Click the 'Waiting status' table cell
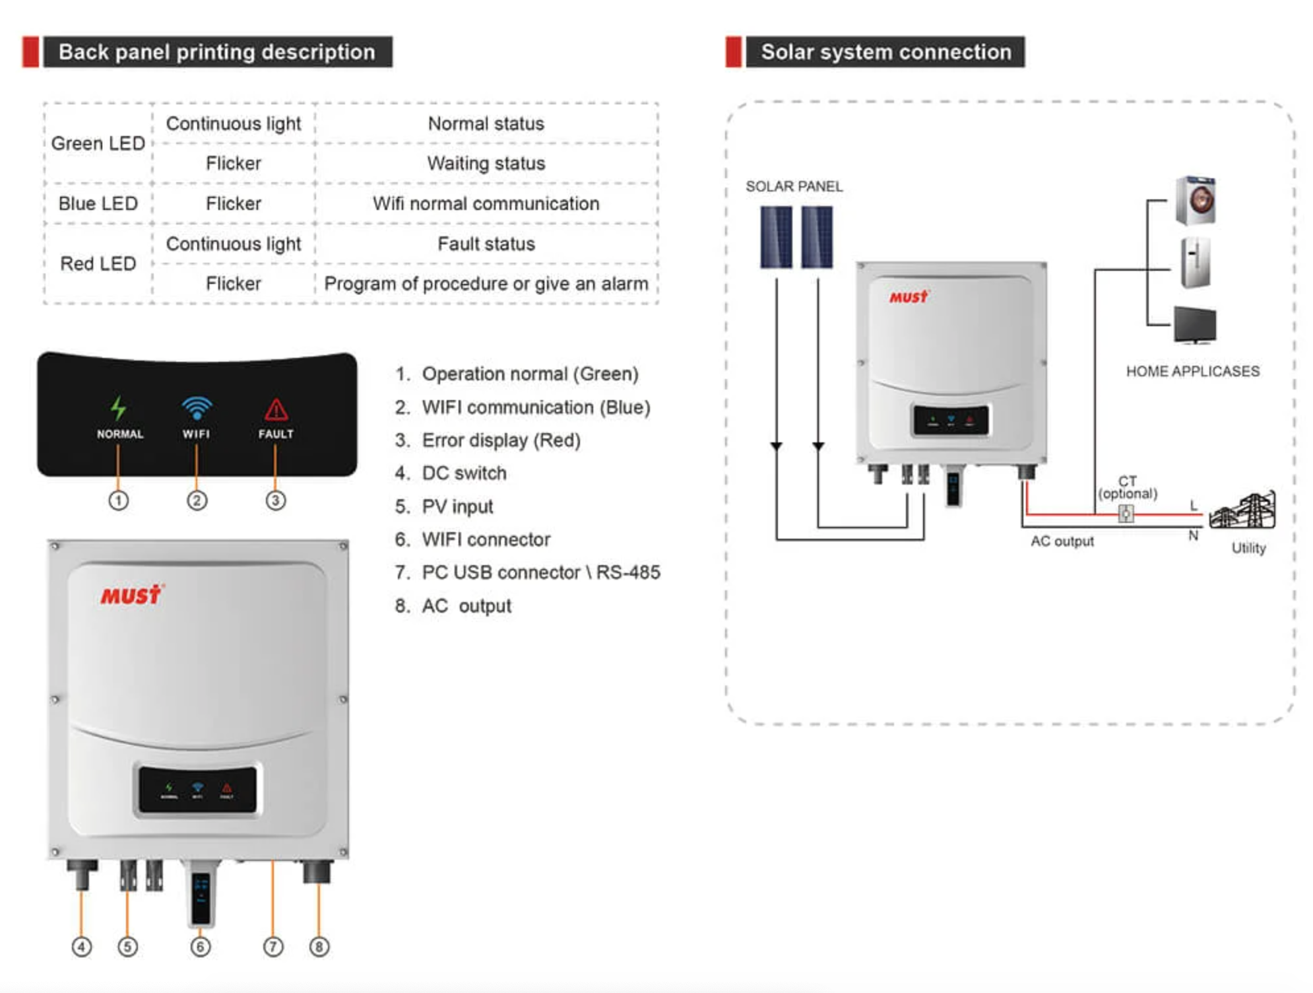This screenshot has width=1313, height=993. pyautogui.click(x=486, y=163)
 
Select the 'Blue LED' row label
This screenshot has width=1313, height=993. pyautogui.click(x=98, y=203)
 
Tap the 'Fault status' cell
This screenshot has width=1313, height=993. pyautogui.click(x=486, y=244)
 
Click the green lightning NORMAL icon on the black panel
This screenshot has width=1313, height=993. pyautogui.click(x=119, y=408)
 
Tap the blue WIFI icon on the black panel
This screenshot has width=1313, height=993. pyautogui.click(x=197, y=408)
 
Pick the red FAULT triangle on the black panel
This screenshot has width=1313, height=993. pyautogui.click(x=276, y=410)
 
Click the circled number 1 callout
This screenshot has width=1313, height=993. pyautogui.click(x=119, y=500)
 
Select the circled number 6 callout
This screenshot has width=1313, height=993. pyautogui.click(x=201, y=947)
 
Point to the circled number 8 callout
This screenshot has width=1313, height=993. pyautogui.click(x=319, y=947)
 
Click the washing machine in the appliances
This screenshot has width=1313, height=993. pyautogui.click(x=1196, y=200)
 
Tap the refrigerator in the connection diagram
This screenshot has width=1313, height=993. pyautogui.click(x=1196, y=263)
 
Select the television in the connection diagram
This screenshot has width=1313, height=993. pyautogui.click(x=1195, y=325)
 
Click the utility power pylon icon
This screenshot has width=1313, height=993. pyautogui.click(x=1243, y=511)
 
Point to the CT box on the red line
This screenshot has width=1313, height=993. pyautogui.click(x=1126, y=513)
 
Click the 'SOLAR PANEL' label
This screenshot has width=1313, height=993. pyautogui.click(x=794, y=186)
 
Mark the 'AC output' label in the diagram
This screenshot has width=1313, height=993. pyautogui.click(x=1062, y=541)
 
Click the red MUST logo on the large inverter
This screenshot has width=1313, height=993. pyautogui.click(x=131, y=595)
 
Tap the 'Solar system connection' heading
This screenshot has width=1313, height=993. pyautogui.click(x=885, y=52)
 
